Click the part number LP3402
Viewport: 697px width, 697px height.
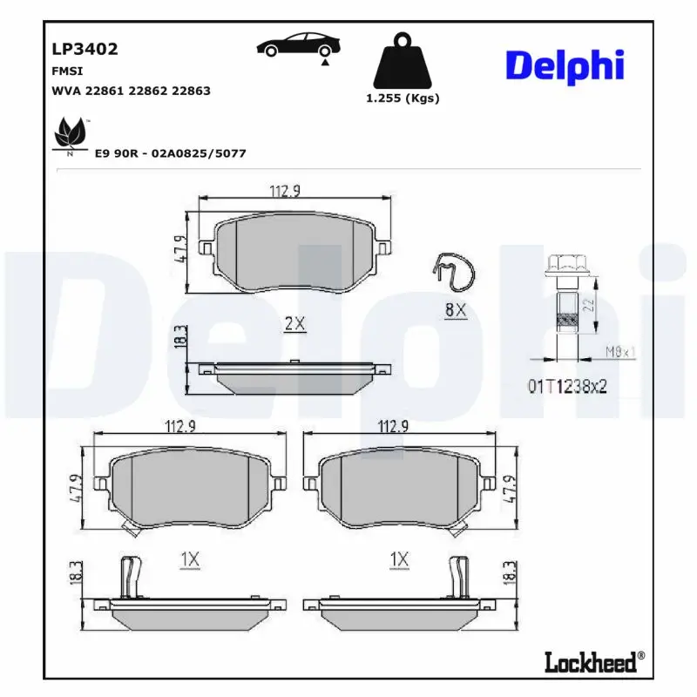[x=85, y=50]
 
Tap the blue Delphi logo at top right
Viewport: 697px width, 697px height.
[x=565, y=66]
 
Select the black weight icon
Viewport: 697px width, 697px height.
[x=402, y=60]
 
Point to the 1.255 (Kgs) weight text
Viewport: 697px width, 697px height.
[x=402, y=98]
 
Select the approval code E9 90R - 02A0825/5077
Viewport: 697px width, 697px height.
[x=170, y=153]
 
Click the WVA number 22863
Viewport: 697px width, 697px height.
[x=192, y=91]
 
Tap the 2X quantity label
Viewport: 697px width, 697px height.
[x=295, y=323]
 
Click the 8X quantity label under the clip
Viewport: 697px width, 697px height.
[x=456, y=309]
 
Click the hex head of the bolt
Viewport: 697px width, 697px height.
[x=565, y=262]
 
